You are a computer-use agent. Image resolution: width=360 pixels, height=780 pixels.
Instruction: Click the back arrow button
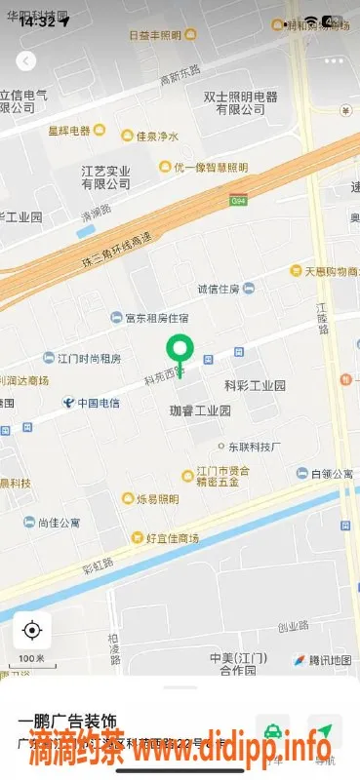tap(26, 60)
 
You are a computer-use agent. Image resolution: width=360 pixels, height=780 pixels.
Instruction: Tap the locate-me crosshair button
tap(32, 630)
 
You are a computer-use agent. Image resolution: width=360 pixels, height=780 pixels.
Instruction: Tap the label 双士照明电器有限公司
tap(240, 103)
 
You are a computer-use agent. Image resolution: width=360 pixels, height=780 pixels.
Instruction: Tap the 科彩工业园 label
tap(255, 386)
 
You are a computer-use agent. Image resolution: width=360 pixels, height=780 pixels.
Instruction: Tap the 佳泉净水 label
tap(156, 136)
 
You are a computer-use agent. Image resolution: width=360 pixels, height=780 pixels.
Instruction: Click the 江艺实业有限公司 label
tap(105, 176)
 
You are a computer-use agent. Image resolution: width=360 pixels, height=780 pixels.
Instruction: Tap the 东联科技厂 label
tap(254, 448)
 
